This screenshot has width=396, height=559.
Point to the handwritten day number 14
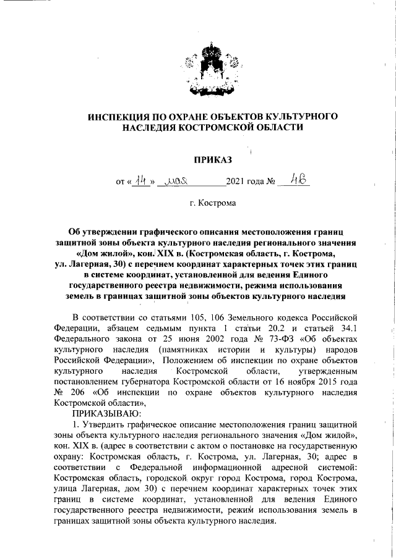139,180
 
